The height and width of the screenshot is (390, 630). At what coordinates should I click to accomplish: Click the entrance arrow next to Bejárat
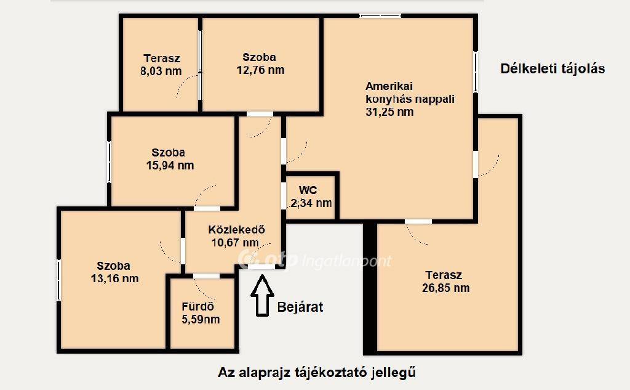[x=262, y=295]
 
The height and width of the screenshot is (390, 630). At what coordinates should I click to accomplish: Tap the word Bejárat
[x=300, y=307]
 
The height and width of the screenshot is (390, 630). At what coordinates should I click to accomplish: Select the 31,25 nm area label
[x=389, y=112]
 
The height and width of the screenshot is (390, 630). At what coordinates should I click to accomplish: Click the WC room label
[x=308, y=190]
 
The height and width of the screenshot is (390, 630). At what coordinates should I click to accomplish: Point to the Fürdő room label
[x=197, y=306]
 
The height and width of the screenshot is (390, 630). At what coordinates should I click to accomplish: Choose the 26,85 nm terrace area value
[x=445, y=288]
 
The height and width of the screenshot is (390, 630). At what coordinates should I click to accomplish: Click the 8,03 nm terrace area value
[x=161, y=71]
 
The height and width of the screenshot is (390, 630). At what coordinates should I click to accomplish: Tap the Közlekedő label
[x=236, y=229]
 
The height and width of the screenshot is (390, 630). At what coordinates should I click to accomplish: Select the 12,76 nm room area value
[x=260, y=70]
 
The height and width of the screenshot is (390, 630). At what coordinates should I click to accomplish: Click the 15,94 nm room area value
[x=170, y=165]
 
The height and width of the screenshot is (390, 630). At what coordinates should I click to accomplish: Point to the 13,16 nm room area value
[x=114, y=278]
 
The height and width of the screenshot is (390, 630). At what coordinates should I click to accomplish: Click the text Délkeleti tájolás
[x=552, y=69]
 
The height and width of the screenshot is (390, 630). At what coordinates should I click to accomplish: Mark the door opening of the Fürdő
[x=207, y=275]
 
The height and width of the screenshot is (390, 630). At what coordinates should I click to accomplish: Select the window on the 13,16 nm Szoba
[x=58, y=280]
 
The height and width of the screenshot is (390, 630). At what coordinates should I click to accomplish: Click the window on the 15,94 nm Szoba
[x=109, y=161]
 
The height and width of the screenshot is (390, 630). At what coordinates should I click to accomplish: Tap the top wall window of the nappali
[x=380, y=16]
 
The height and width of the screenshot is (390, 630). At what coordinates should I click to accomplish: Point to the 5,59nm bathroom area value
[x=201, y=320]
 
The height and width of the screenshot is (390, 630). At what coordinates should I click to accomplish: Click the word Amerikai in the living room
[x=389, y=86]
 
